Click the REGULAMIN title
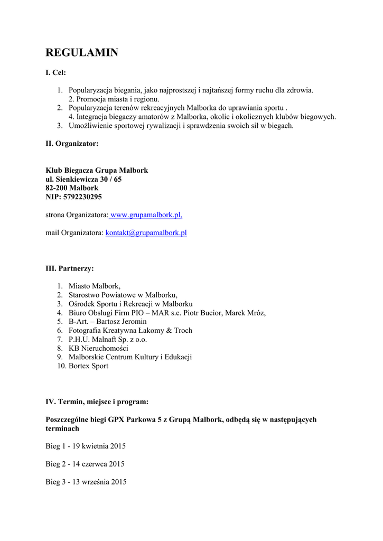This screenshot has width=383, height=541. (x=81, y=52)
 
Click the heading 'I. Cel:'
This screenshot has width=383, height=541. (x=55, y=72)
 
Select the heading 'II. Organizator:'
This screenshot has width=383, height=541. (x=72, y=143)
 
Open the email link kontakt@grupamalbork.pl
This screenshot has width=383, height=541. (x=146, y=232)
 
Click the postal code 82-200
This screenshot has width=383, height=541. (x=56, y=188)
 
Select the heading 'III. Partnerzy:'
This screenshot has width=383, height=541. (x=70, y=268)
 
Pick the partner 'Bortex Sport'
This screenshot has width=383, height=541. (x=88, y=366)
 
